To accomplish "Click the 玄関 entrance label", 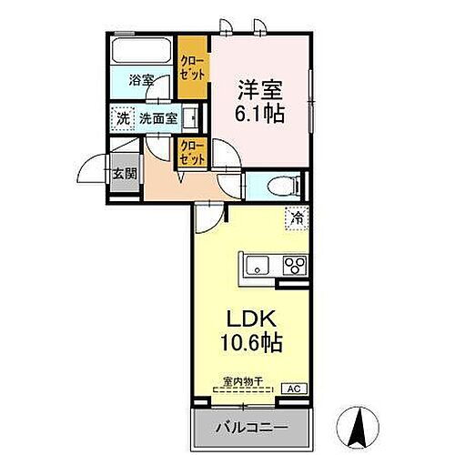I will click(124, 172).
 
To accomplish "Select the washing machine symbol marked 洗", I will click(121, 117).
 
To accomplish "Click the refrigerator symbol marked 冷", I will click(297, 218).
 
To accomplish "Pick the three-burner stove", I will click(295, 266).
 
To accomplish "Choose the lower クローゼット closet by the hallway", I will click(191, 150).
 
